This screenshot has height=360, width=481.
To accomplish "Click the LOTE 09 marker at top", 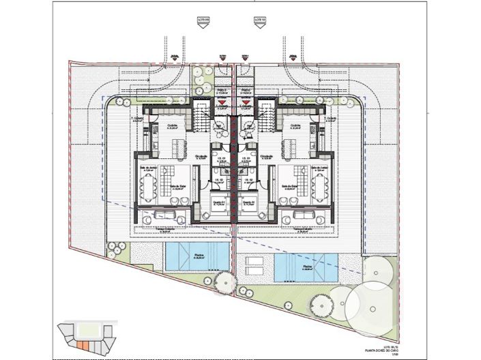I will coord(202,20).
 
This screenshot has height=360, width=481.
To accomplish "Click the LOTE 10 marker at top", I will coord(259,20).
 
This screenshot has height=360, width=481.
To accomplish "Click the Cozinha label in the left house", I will coord(172,125).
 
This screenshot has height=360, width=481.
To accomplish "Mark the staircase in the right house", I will coord(265,117).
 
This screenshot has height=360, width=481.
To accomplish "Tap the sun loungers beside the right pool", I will coord(252,265).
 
